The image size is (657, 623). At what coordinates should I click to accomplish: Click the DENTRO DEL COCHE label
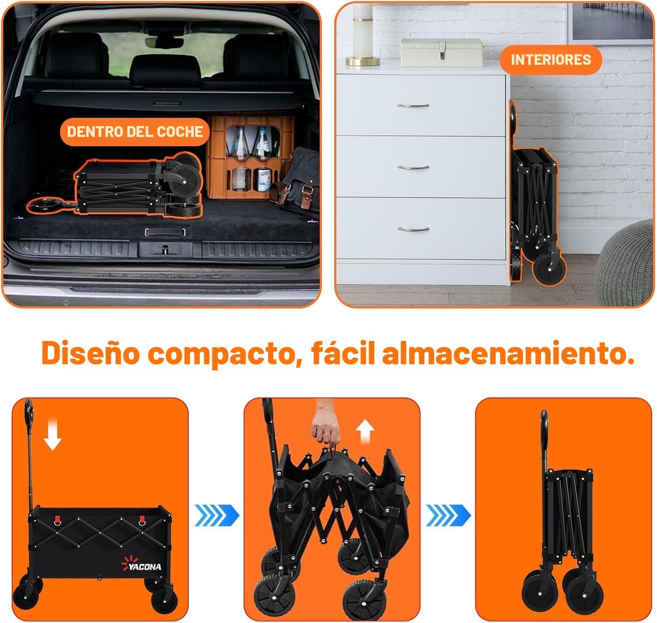coord(134,132)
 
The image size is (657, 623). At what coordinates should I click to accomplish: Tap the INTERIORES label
coord(551,60)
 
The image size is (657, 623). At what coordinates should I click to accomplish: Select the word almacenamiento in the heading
coord(508,353)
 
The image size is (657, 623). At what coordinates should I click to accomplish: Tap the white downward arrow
coord(53,435)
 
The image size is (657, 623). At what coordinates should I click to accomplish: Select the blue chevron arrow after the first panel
coord(216,515)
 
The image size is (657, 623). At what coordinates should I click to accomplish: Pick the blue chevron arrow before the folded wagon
coord(448,515)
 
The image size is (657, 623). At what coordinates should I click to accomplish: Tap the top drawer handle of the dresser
coord(413,106)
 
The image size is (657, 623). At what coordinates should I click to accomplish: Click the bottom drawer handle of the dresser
coord(413,229)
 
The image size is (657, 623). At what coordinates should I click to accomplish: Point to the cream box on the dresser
coord(442,52)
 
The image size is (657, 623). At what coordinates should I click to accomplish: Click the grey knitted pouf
coord(625,264)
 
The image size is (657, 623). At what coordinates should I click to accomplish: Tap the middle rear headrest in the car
coord(165,70)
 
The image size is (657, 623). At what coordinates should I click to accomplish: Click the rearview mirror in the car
coord(164,42)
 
